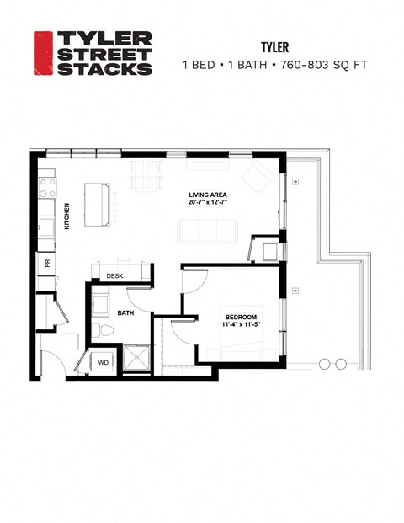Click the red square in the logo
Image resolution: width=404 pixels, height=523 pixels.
[43, 53]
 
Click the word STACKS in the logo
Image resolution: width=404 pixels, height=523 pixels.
[104, 69]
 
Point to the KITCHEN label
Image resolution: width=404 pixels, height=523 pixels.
[66, 216]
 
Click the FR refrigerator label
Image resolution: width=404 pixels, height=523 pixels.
[47, 263]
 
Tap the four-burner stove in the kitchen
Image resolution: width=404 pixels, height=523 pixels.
[45, 187]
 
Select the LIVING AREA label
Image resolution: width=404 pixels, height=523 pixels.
[206, 195]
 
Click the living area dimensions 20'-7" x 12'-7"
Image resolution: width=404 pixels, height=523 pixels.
[206, 204]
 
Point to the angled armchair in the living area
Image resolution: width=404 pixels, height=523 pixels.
[257, 175]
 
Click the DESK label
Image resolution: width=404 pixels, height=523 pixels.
[114, 275]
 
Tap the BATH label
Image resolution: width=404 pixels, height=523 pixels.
[126, 313]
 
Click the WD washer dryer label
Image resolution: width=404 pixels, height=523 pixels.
[104, 363]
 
